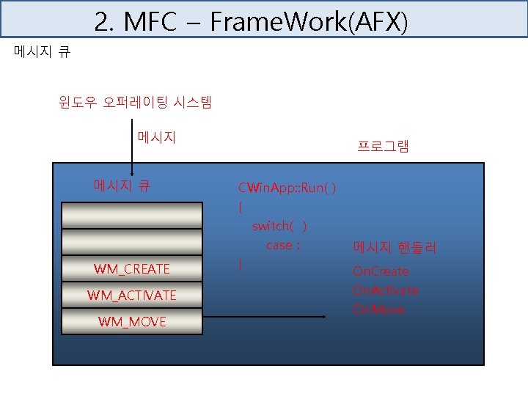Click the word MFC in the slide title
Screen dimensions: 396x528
coord(150,23)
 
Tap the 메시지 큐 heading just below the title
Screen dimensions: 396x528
coord(43,52)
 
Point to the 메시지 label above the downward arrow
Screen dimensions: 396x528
coord(156,137)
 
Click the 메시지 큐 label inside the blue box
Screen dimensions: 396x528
coord(122,185)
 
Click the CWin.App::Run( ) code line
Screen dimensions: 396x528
coord(287,188)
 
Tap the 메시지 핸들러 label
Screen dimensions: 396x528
coord(395,248)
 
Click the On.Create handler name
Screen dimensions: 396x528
coord(381,271)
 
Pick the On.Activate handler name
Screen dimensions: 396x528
coord(386,290)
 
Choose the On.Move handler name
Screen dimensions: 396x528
coord(378,309)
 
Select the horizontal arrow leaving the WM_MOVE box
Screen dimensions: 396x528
coord(264,317)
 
